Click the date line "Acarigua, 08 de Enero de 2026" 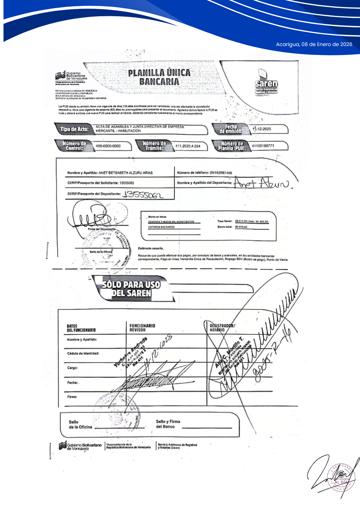(314, 45)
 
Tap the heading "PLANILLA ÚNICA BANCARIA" (159, 77)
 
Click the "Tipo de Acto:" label (74, 129)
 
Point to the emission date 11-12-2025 (262, 129)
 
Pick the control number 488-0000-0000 (108, 146)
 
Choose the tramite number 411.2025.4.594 (188, 146)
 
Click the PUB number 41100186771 (263, 146)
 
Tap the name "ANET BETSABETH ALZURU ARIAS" (125, 173)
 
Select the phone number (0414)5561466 (221, 173)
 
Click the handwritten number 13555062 (143, 195)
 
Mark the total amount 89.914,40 (241, 227)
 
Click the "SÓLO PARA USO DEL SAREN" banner (131, 289)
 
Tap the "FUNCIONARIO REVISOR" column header (142, 328)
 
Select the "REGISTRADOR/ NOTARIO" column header (222, 328)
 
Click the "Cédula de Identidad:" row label (83, 353)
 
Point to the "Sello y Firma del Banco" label (168, 424)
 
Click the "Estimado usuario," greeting (151, 248)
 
